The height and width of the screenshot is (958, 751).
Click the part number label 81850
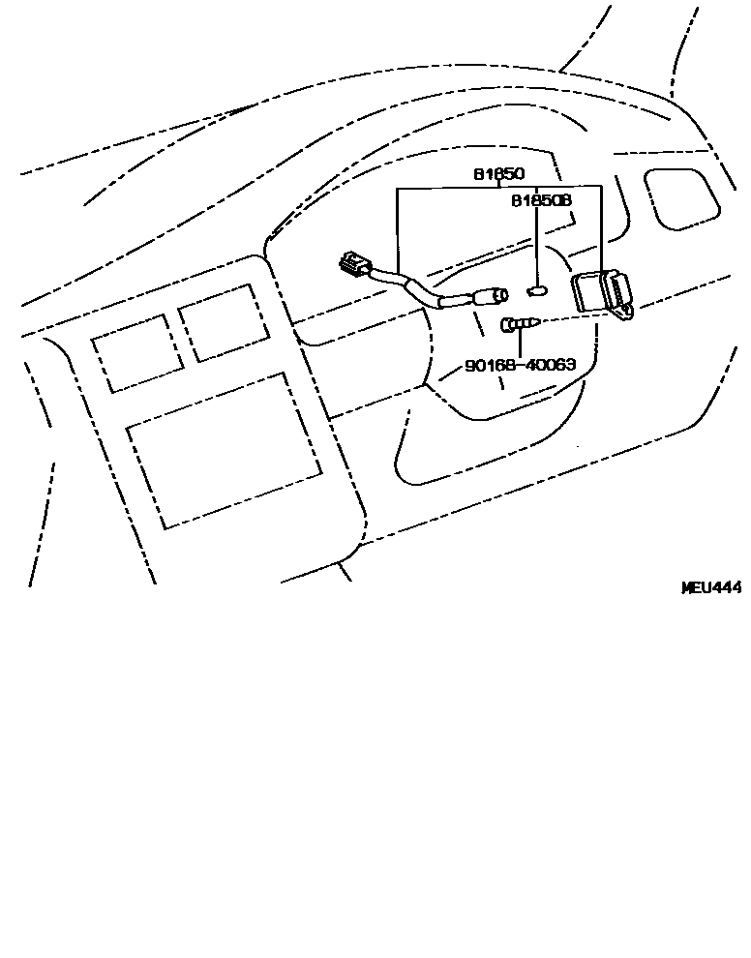[498, 175]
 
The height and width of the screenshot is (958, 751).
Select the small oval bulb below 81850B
[538, 288]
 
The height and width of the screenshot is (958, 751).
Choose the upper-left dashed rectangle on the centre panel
[137, 353]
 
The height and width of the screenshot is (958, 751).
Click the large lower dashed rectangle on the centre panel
[225, 450]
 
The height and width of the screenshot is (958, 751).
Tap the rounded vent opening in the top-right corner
[682, 198]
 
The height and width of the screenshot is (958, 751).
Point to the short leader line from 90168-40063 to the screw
[520, 345]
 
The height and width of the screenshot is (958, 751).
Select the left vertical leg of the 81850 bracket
[398, 232]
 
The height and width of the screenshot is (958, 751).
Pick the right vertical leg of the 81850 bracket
[602, 227]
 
